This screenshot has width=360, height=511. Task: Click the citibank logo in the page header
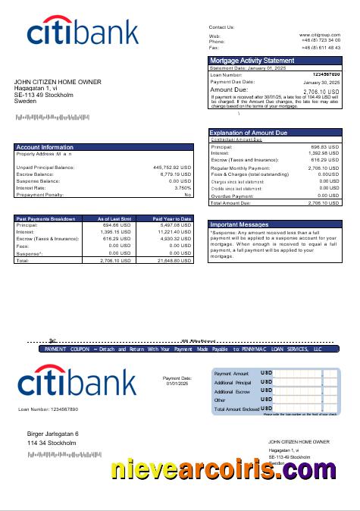pos(83,32)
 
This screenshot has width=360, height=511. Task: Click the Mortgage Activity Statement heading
pos(252,61)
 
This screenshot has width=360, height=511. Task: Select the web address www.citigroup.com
pos(319,36)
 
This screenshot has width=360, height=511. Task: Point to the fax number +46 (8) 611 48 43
pos(321,48)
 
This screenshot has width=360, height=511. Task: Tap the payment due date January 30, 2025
pos(321,82)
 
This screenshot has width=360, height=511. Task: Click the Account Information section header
pos(45,147)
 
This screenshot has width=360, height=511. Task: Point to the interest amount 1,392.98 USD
pos(324,153)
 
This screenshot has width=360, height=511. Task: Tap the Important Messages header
pos(239,225)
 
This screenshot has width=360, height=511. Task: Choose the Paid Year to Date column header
pos(172,218)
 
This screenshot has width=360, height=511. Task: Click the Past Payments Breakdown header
pos(46,218)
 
